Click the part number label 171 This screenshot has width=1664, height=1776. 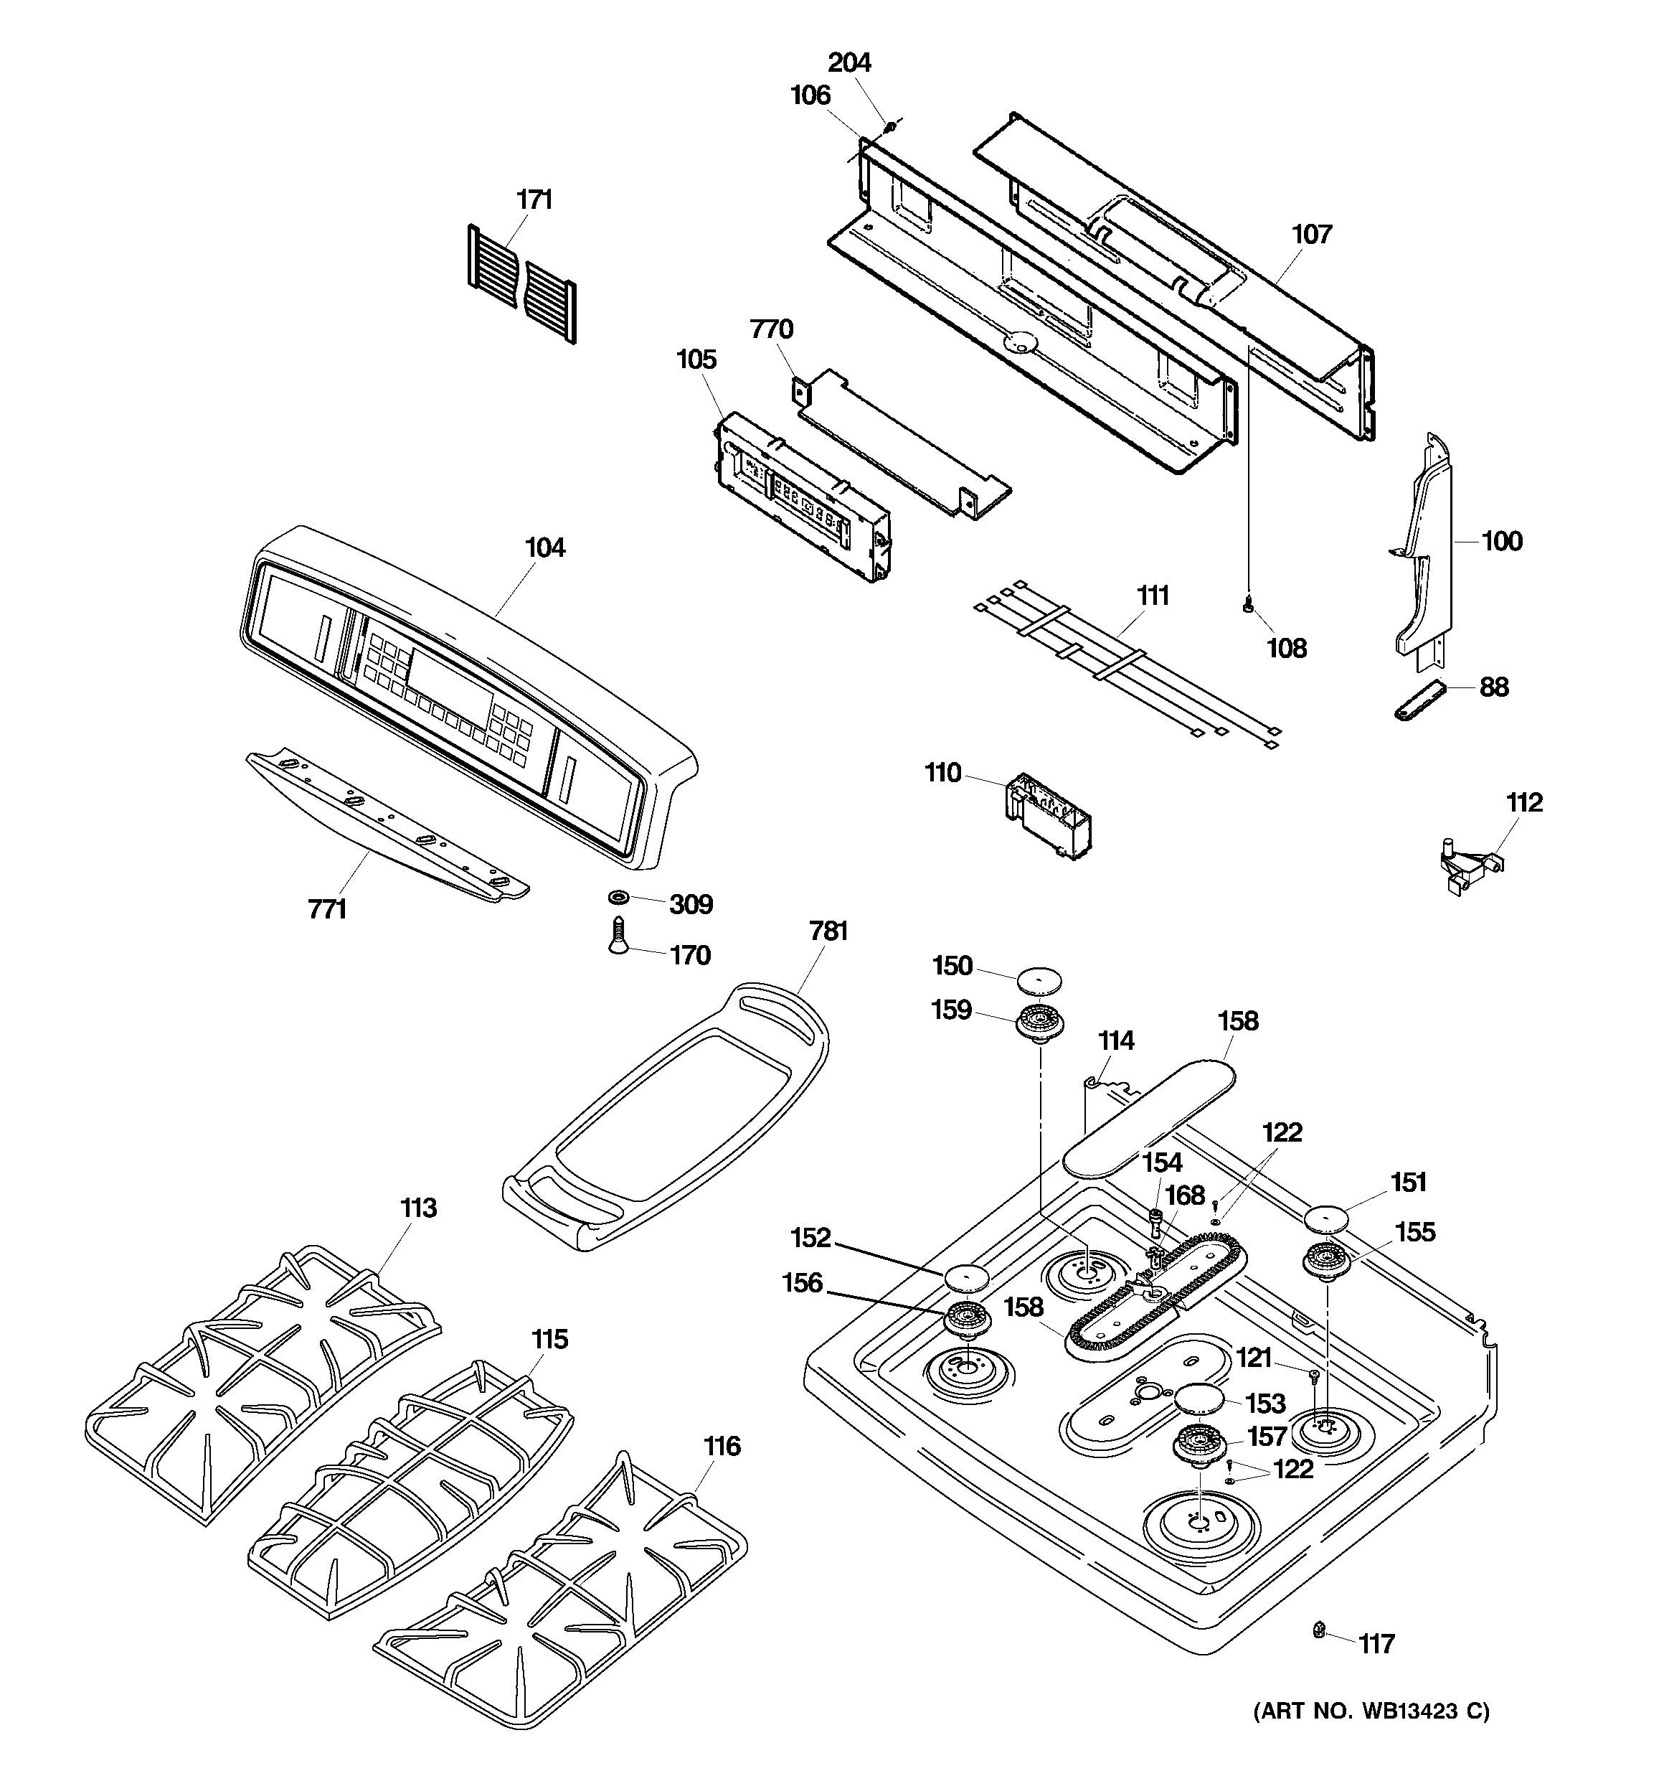pos(534,199)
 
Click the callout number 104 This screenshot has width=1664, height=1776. pos(545,548)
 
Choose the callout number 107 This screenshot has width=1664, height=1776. pos(1311,234)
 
